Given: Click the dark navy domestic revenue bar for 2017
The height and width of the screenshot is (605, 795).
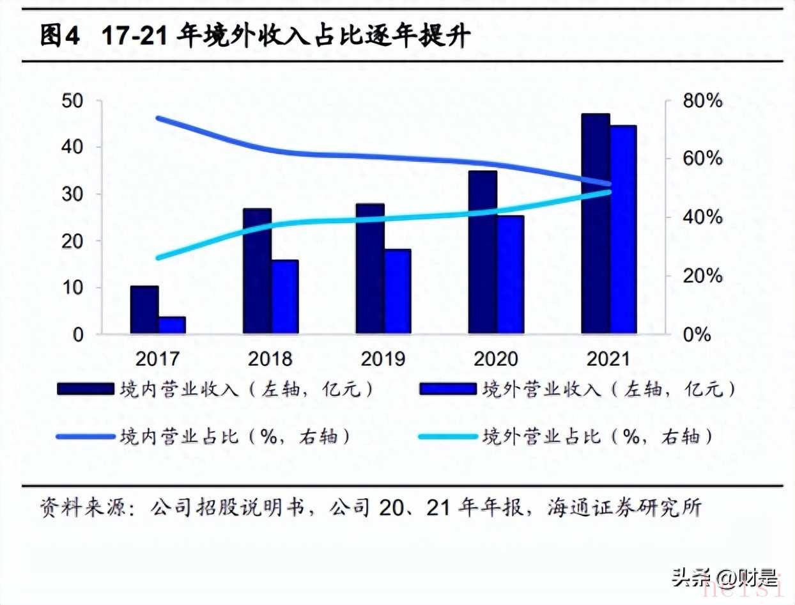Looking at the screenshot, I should [144, 310].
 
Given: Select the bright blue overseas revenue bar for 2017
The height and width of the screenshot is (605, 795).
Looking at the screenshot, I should [172, 325].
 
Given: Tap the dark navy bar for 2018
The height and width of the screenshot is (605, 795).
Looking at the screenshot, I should [257, 271].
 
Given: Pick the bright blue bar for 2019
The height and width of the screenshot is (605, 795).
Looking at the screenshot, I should [397, 291].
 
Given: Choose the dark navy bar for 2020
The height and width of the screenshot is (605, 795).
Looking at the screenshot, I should [482, 253].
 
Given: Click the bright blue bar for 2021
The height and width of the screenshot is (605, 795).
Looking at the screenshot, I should [623, 230].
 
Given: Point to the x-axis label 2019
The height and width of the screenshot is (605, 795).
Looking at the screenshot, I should [383, 358].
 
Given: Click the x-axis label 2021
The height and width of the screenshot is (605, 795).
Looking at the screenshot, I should [608, 358].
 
